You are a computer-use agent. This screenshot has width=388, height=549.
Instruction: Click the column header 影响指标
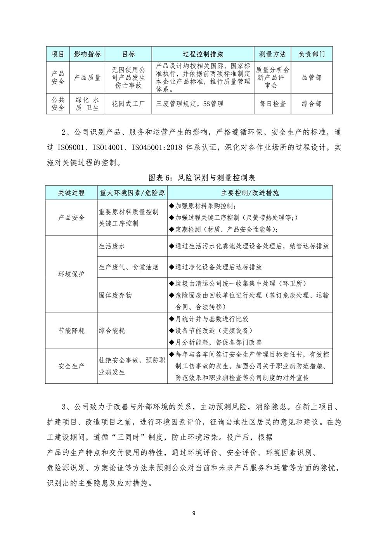(x=87, y=54)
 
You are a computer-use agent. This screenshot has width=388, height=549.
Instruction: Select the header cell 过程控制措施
(x=203, y=54)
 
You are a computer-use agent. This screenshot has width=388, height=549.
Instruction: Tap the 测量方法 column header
(x=272, y=54)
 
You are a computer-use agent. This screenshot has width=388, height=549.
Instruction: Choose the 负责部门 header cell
(x=312, y=54)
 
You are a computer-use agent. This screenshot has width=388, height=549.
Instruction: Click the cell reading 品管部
(x=312, y=78)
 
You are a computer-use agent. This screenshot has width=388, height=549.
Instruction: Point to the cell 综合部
(x=312, y=104)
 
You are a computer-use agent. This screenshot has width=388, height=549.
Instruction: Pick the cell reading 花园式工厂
(x=128, y=104)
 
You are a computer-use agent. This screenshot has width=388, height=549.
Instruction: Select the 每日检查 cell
(x=272, y=104)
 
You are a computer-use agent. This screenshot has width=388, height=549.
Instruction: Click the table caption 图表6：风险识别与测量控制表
(x=202, y=178)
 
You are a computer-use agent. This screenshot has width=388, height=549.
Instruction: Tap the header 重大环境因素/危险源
(x=132, y=193)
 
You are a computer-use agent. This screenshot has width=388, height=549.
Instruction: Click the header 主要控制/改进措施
(x=250, y=193)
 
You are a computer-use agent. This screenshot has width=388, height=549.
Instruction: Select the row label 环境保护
(x=71, y=274)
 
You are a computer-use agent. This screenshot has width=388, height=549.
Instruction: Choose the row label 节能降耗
(x=71, y=331)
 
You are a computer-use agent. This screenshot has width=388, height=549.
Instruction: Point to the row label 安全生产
(x=71, y=366)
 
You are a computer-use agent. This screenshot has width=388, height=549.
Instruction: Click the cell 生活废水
(x=112, y=246)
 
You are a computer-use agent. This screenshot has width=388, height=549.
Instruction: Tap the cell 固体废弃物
(x=115, y=295)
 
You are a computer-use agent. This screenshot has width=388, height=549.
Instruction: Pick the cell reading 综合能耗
(x=112, y=331)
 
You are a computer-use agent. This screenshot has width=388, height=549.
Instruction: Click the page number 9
(x=194, y=514)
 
